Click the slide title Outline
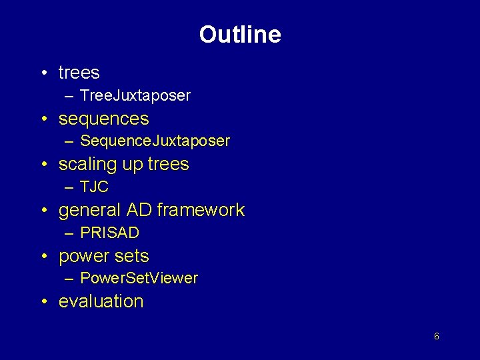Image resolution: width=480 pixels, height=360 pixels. (x=240, y=35)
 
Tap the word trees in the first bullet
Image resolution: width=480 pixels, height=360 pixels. (x=79, y=73)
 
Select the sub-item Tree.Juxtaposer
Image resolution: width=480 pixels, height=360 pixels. (x=135, y=95)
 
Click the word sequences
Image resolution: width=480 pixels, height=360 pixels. (x=103, y=119)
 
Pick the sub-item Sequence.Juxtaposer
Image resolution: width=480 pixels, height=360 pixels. (x=155, y=141)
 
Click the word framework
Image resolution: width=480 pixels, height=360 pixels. (x=201, y=210)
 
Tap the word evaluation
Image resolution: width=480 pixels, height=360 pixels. (x=101, y=301)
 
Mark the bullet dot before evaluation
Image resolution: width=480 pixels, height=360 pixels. (x=43, y=302)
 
